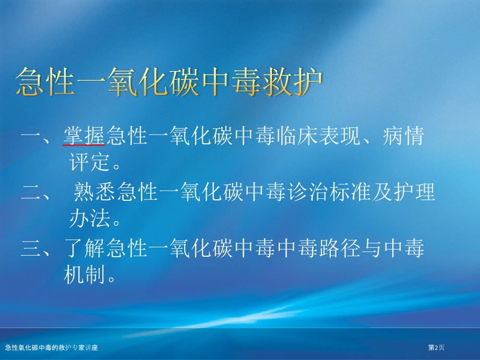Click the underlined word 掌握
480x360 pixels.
[85, 136]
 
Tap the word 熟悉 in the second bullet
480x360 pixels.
[94, 192]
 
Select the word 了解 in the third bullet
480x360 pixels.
[85, 248]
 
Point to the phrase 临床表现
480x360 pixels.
[318, 136]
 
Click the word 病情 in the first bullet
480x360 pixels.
[403, 136]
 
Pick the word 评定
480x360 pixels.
[89, 162]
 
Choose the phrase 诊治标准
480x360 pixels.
[329, 192]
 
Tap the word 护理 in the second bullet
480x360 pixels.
[414, 192]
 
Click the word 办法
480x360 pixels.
[89, 218]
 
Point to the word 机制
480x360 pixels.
[84, 274]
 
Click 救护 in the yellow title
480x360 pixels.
[292, 82]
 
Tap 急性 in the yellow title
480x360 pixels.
[45, 82]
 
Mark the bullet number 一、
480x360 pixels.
[36, 136]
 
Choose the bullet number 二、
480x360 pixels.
[36, 193]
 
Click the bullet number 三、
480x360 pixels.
[36, 248]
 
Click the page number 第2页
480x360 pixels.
[436, 347]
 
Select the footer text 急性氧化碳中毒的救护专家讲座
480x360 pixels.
[52, 347]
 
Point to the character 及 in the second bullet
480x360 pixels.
[382, 192]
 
